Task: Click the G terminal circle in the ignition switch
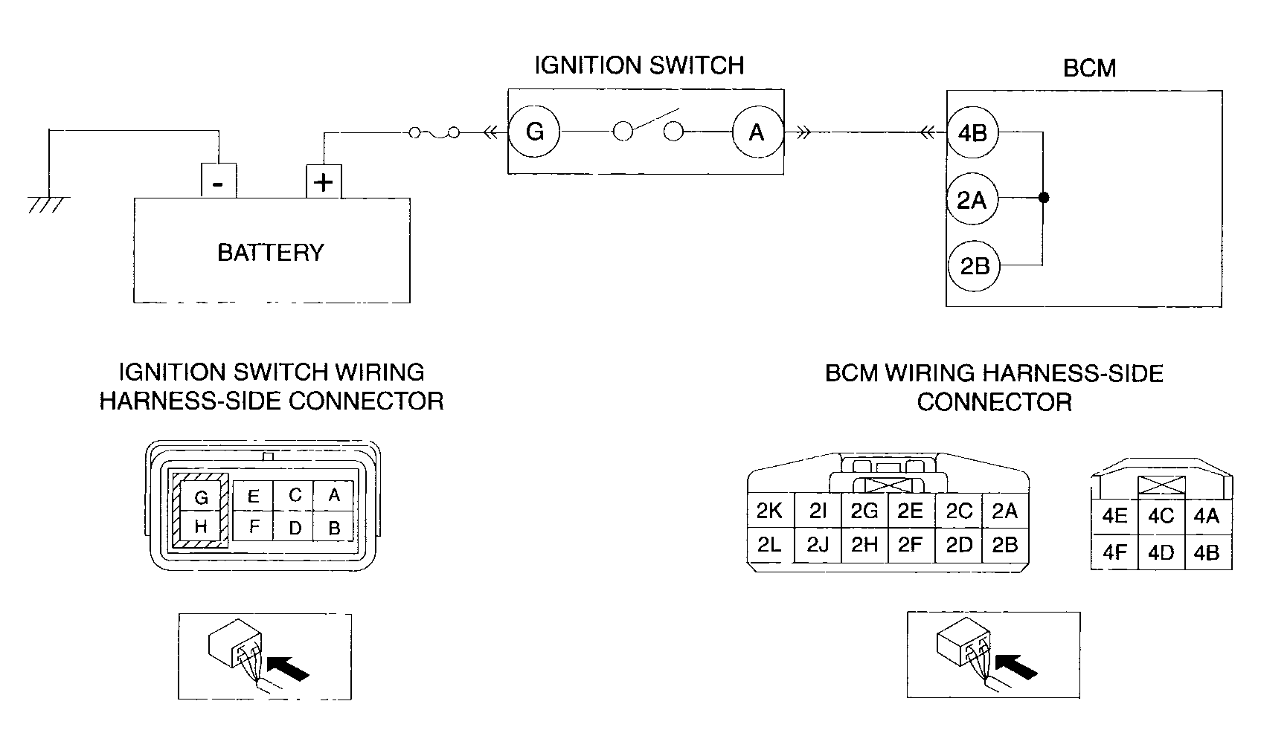click(534, 132)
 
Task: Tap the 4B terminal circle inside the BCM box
click(973, 133)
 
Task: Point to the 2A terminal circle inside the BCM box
click(972, 199)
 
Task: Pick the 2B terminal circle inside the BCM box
click(974, 265)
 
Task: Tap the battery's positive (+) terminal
click(324, 181)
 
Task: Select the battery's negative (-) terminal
click(219, 180)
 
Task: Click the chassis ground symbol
click(49, 204)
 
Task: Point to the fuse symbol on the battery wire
click(434, 133)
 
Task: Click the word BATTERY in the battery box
click(271, 253)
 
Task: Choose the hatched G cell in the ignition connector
click(200, 496)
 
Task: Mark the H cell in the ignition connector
click(200, 526)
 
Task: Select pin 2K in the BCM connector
click(770, 511)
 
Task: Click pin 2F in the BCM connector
click(911, 544)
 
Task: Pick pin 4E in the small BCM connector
click(1114, 516)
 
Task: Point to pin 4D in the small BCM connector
click(1161, 552)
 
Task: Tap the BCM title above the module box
click(1089, 68)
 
